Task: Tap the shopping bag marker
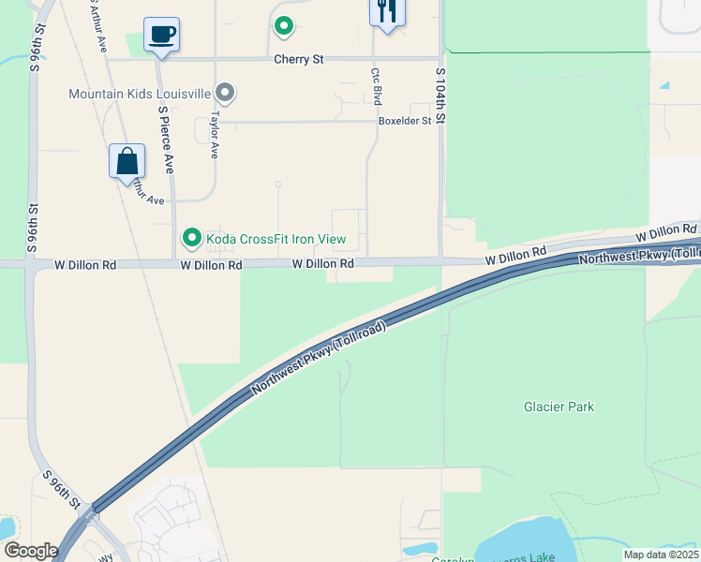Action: click(127, 161)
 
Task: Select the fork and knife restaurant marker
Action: click(386, 12)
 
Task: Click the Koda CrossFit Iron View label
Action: click(276, 239)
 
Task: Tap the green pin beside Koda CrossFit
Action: click(192, 239)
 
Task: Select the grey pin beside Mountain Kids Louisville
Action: click(225, 94)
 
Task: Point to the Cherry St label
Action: click(298, 59)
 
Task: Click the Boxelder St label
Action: click(404, 121)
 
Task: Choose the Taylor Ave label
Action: click(215, 135)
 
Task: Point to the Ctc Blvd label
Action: click(376, 86)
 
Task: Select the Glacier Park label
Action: click(559, 407)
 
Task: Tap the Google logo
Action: click(32, 551)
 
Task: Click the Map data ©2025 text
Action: click(661, 555)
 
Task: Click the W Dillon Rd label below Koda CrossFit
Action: click(212, 266)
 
